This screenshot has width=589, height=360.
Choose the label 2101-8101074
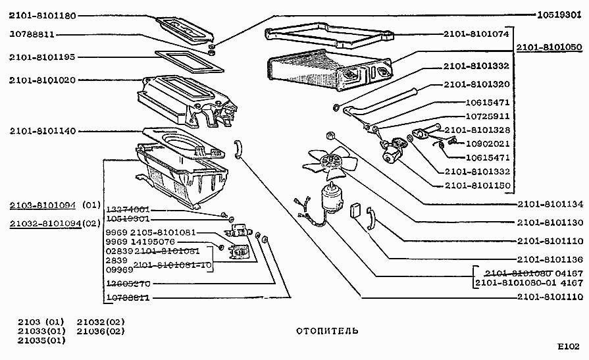476,34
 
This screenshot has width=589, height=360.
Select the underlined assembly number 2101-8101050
548,48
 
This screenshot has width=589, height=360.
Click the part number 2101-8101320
476,84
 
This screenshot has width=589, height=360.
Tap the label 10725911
488,116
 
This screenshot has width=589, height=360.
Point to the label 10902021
488,143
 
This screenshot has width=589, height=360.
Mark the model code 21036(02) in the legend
101,331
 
